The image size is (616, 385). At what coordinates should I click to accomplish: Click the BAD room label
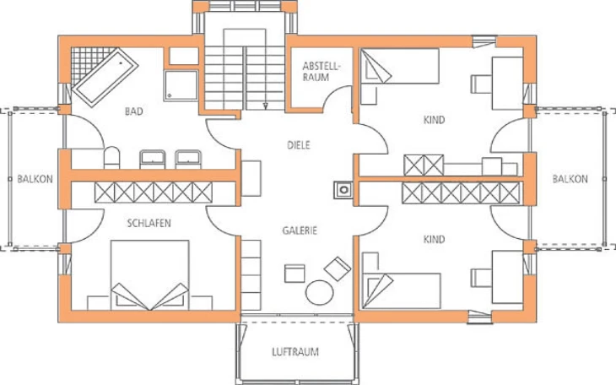[133, 111]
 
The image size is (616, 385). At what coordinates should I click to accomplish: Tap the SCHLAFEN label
[149, 224]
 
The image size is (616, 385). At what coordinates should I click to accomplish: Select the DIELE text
[299, 145]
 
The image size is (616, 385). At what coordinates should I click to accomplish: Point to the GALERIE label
[300, 230]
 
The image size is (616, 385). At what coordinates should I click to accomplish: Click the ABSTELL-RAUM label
[320, 72]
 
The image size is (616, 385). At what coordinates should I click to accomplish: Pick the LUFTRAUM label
[295, 351]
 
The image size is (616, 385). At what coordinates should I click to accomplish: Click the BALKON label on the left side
[35, 179]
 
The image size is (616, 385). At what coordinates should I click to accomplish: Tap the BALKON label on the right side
[570, 179]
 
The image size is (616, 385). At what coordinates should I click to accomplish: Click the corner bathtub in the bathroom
[105, 77]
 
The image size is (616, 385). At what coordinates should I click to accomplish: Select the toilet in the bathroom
[111, 158]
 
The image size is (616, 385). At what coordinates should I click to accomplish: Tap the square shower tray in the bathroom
[181, 85]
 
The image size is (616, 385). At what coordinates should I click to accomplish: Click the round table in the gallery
[320, 292]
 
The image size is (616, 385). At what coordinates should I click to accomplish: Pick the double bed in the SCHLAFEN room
[149, 275]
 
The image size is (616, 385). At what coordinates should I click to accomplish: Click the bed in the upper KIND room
[399, 66]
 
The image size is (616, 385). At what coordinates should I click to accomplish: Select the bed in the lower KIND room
[401, 291]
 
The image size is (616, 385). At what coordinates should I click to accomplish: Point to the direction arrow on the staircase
[266, 105]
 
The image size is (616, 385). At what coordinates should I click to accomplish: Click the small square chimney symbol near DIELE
[343, 190]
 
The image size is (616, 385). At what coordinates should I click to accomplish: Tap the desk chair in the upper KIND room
[481, 84]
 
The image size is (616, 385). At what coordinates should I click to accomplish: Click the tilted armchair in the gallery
[338, 268]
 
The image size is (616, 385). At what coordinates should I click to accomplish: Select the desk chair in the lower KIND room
[481, 278]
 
